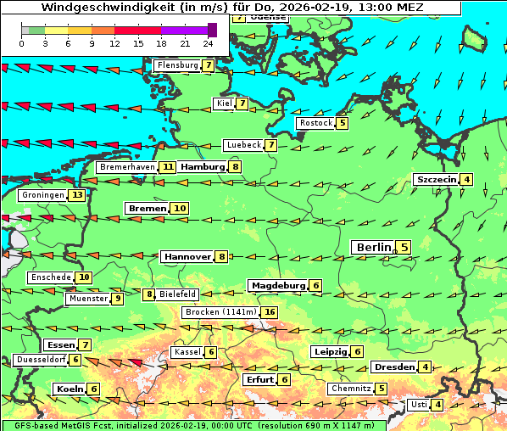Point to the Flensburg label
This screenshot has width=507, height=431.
click(177, 65)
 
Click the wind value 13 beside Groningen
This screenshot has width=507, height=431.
click(78, 195)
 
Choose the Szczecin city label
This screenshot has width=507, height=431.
click(436, 179)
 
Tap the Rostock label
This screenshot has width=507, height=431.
click(315, 123)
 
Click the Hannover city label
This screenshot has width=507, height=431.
click(187, 256)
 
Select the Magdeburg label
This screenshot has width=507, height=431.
click(277, 286)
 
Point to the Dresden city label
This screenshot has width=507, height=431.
click(393, 367)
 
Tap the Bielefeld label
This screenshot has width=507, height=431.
click(177, 294)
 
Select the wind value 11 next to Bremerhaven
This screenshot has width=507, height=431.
click(169, 167)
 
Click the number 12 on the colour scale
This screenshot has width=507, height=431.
click(114, 43)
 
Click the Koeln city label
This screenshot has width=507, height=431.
click(70, 389)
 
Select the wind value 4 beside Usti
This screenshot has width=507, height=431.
click(437, 405)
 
